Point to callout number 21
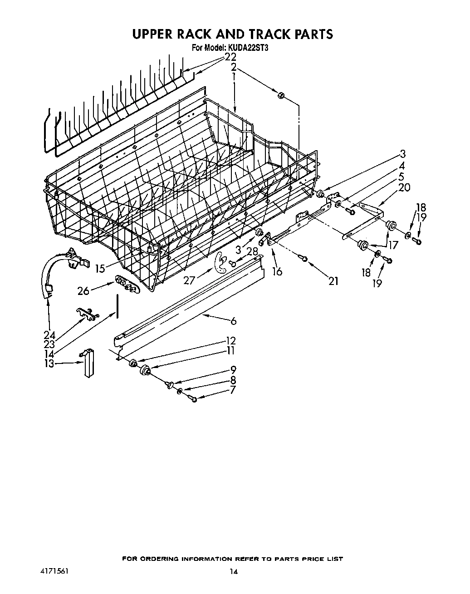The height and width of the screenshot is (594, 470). [333, 281]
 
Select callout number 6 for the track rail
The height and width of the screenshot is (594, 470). [233, 321]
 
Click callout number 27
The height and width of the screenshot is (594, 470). [189, 281]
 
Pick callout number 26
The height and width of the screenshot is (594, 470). [83, 290]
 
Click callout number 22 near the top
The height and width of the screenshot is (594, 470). [230, 57]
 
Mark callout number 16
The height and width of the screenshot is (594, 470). [277, 271]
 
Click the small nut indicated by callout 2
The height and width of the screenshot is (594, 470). [280, 95]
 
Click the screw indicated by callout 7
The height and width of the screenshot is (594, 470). [194, 399]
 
